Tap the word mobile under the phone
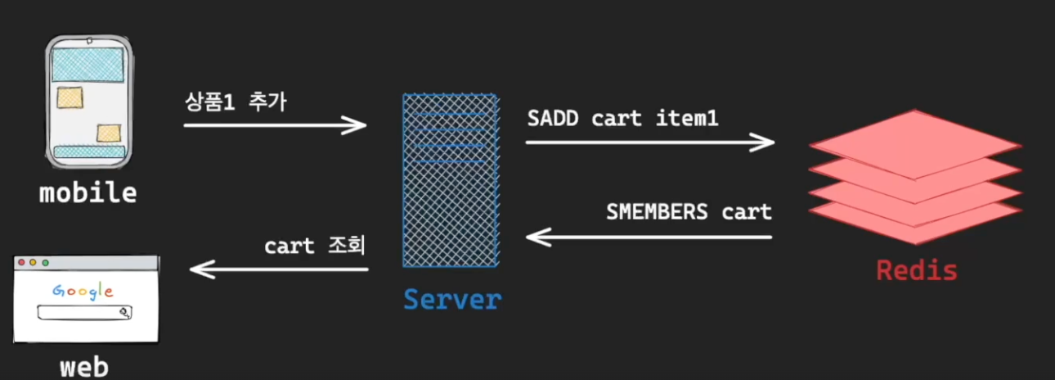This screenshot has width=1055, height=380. tap(88, 193)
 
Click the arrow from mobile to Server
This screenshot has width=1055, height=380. tap(275, 125)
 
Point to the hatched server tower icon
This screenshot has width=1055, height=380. tap(450, 180)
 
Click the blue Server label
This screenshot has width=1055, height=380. tap(451, 299)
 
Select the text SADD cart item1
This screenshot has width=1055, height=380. tap(622, 119)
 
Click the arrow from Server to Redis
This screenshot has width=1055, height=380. tap(649, 142)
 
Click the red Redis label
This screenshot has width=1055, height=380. tap(916, 269)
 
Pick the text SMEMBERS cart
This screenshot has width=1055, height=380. tap(689, 212)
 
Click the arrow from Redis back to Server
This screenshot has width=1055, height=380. tap(649, 237)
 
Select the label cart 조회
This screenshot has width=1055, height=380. tap(314, 246)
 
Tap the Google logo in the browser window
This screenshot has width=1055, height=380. tap(83, 291)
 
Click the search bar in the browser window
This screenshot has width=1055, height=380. tap(84, 312)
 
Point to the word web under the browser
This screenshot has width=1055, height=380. tap(84, 366)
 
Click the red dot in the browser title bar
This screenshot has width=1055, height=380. tap(22, 263)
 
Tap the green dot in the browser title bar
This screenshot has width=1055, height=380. tap(45, 263)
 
